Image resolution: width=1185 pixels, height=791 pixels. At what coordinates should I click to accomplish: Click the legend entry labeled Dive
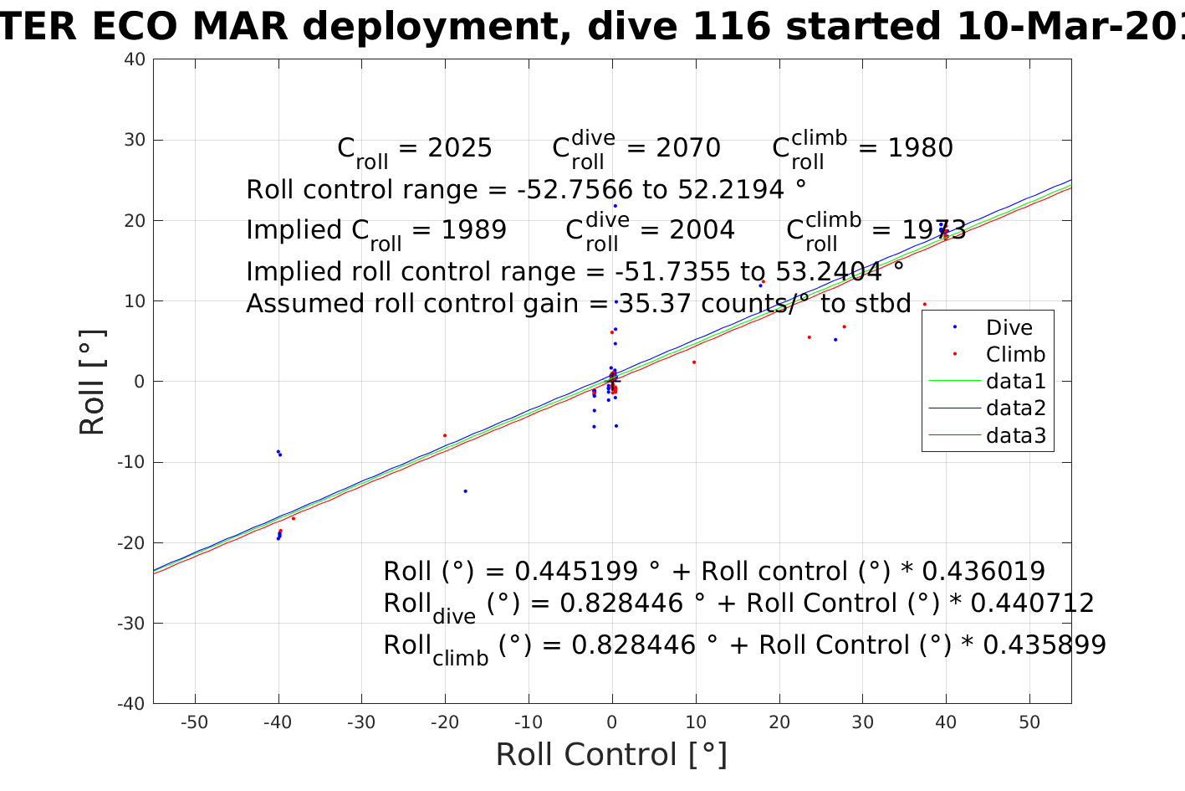(1009, 327)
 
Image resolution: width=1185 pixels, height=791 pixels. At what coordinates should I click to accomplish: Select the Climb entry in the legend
(1015, 354)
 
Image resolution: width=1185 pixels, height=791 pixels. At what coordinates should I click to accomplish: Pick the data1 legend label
(1016, 382)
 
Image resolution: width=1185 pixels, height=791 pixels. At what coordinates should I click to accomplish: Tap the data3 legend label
(1016, 435)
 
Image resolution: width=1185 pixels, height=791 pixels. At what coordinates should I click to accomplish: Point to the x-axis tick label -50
(194, 723)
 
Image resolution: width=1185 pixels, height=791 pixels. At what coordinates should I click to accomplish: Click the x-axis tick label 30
(862, 723)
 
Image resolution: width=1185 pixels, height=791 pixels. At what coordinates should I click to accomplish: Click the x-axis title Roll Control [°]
(611, 755)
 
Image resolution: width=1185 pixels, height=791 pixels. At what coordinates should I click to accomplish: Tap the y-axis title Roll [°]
(92, 382)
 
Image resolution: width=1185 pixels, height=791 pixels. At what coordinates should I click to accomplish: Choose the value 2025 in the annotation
(460, 148)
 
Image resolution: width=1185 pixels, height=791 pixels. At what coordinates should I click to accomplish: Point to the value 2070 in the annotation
(687, 148)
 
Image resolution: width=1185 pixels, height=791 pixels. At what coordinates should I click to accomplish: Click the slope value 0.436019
(983, 572)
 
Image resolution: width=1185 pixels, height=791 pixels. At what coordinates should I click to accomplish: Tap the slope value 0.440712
(1032, 604)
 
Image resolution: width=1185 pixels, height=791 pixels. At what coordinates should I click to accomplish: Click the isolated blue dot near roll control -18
(465, 491)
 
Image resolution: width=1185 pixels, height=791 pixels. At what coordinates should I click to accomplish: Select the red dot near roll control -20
(445, 435)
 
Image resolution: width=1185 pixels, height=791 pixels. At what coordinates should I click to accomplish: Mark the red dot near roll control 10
(694, 362)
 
